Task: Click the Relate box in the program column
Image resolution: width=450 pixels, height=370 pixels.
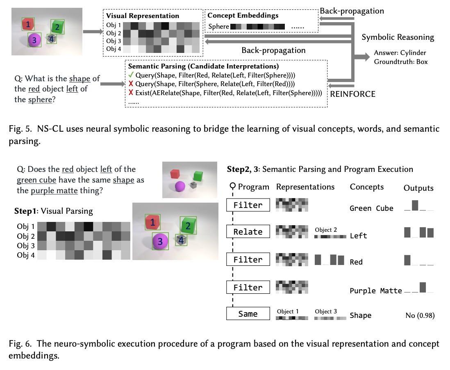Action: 248,232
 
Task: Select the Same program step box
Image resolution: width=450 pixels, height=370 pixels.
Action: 248,314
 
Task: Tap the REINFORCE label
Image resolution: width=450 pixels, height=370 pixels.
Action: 353,94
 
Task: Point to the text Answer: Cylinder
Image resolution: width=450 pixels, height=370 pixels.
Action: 400,53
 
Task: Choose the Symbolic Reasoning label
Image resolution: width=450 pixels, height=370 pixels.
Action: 398,37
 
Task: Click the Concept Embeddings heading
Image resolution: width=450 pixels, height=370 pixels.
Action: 243,16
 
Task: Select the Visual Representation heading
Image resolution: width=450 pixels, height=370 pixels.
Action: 143,16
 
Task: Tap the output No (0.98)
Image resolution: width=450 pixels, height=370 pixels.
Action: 420,315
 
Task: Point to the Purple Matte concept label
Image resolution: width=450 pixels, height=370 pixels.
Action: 375,291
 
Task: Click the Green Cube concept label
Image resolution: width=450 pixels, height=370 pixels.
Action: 371,208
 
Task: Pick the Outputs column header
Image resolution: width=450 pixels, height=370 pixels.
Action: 418,188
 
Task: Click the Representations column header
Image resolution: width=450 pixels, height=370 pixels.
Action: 305,187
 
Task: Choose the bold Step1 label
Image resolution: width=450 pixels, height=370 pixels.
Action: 25,211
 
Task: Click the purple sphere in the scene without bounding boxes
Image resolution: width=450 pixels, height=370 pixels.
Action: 180,187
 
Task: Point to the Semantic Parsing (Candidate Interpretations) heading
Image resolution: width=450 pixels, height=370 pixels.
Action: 203,66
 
